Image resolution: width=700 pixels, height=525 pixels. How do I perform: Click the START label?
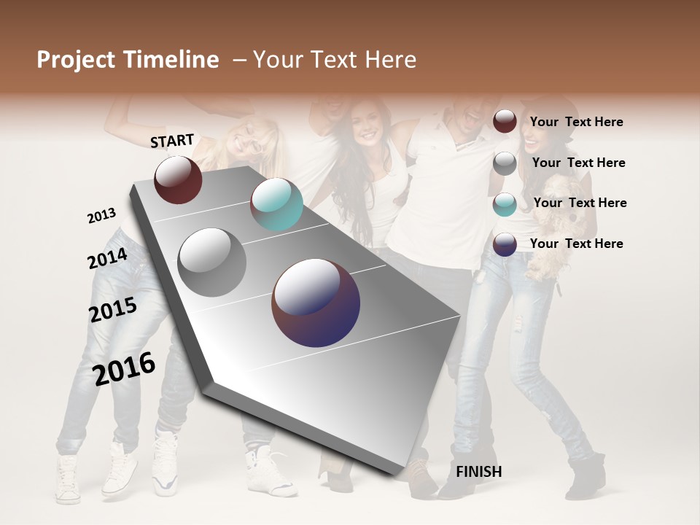point(172,141)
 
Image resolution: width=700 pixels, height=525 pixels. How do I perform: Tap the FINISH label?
point(478,472)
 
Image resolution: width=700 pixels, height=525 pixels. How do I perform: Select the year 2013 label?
point(102,216)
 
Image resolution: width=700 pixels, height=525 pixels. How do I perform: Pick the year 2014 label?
point(108,259)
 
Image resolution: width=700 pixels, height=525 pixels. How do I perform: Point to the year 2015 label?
point(113,310)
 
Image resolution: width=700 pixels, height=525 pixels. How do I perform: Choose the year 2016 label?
point(125,368)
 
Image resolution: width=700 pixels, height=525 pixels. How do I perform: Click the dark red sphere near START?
point(178,179)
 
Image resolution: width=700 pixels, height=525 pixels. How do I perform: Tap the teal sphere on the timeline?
point(276,204)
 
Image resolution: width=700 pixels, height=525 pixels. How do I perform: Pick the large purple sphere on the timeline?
point(316,303)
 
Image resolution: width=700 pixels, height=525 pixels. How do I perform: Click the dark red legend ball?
point(505,121)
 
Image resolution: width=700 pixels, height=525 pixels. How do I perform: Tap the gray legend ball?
point(505,163)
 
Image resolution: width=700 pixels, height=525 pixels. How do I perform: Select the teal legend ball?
point(505,204)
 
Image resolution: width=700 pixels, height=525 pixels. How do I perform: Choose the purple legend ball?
point(505,244)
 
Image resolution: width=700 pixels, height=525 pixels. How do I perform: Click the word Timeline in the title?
point(173,60)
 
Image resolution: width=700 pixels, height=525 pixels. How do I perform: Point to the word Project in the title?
point(76,60)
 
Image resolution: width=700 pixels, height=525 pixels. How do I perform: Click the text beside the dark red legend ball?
point(576,122)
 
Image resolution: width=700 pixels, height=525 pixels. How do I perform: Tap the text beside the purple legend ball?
point(576,244)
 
